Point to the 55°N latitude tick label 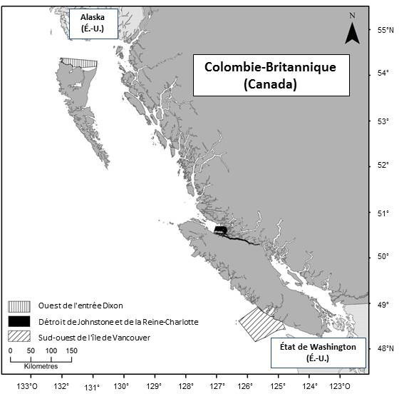coord(385,30)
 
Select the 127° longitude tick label coord(217,388)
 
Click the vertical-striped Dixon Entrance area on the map coord(80,63)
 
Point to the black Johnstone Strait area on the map coord(221,231)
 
